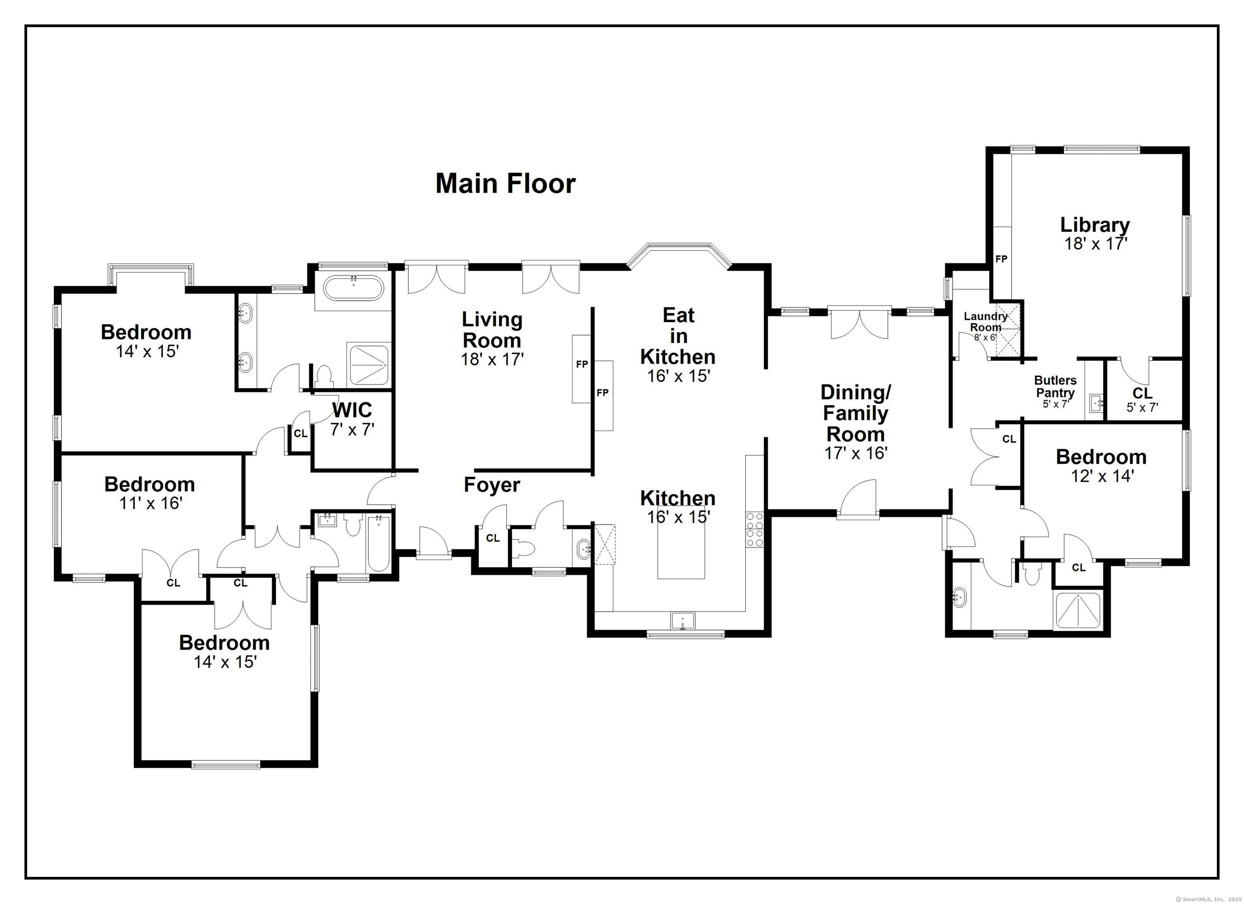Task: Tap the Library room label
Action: (1095, 225)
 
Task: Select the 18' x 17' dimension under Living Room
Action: (492, 359)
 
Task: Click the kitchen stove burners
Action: (754, 529)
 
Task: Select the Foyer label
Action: (492, 485)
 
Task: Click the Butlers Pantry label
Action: (1055, 386)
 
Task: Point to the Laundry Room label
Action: (986, 322)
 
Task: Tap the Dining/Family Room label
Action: (856, 413)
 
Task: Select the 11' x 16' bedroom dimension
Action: (151, 503)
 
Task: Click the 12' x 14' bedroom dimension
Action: (1103, 476)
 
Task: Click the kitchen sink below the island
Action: (683, 621)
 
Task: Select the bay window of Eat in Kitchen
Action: (679, 257)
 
